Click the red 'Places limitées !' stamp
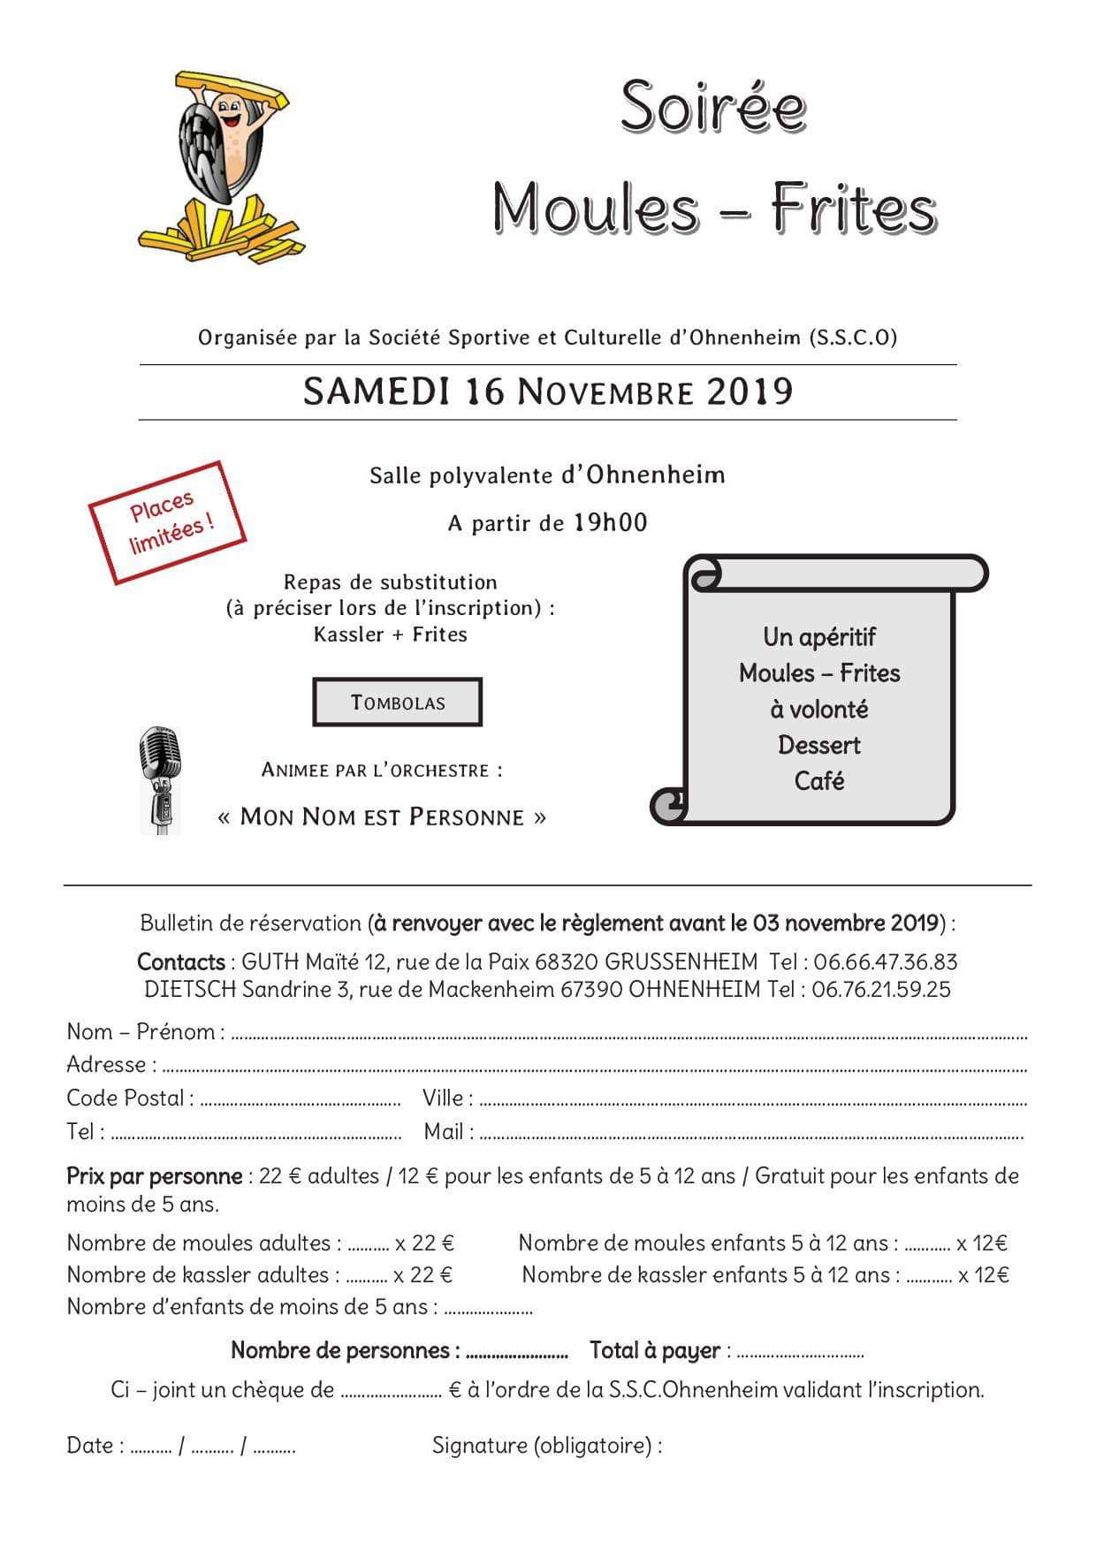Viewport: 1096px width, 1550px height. [x=168, y=522]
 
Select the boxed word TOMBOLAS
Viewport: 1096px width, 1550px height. [x=398, y=703]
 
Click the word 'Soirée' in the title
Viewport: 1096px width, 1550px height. [x=712, y=107]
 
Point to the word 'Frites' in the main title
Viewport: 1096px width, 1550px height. [x=852, y=209]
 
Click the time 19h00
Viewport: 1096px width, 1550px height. [x=610, y=522]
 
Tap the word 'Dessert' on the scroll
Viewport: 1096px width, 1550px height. [x=819, y=745]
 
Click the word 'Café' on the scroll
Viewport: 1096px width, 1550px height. [x=819, y=781]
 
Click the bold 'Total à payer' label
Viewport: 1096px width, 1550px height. [x=655, y=1350]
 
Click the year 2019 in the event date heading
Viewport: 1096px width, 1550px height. [x=750, y=391]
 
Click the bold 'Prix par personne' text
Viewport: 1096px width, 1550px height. [x=155, y=1176]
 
